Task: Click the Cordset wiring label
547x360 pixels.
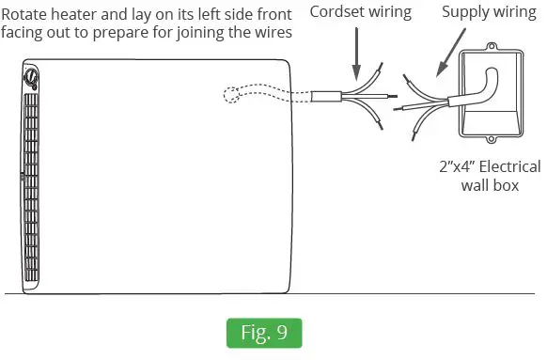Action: pyautogui.click(x=359, y=12)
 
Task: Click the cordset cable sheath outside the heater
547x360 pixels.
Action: pyautogui.click(x=325, y=95)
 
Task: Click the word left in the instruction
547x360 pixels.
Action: pyautogui.click(x=200, y=13)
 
